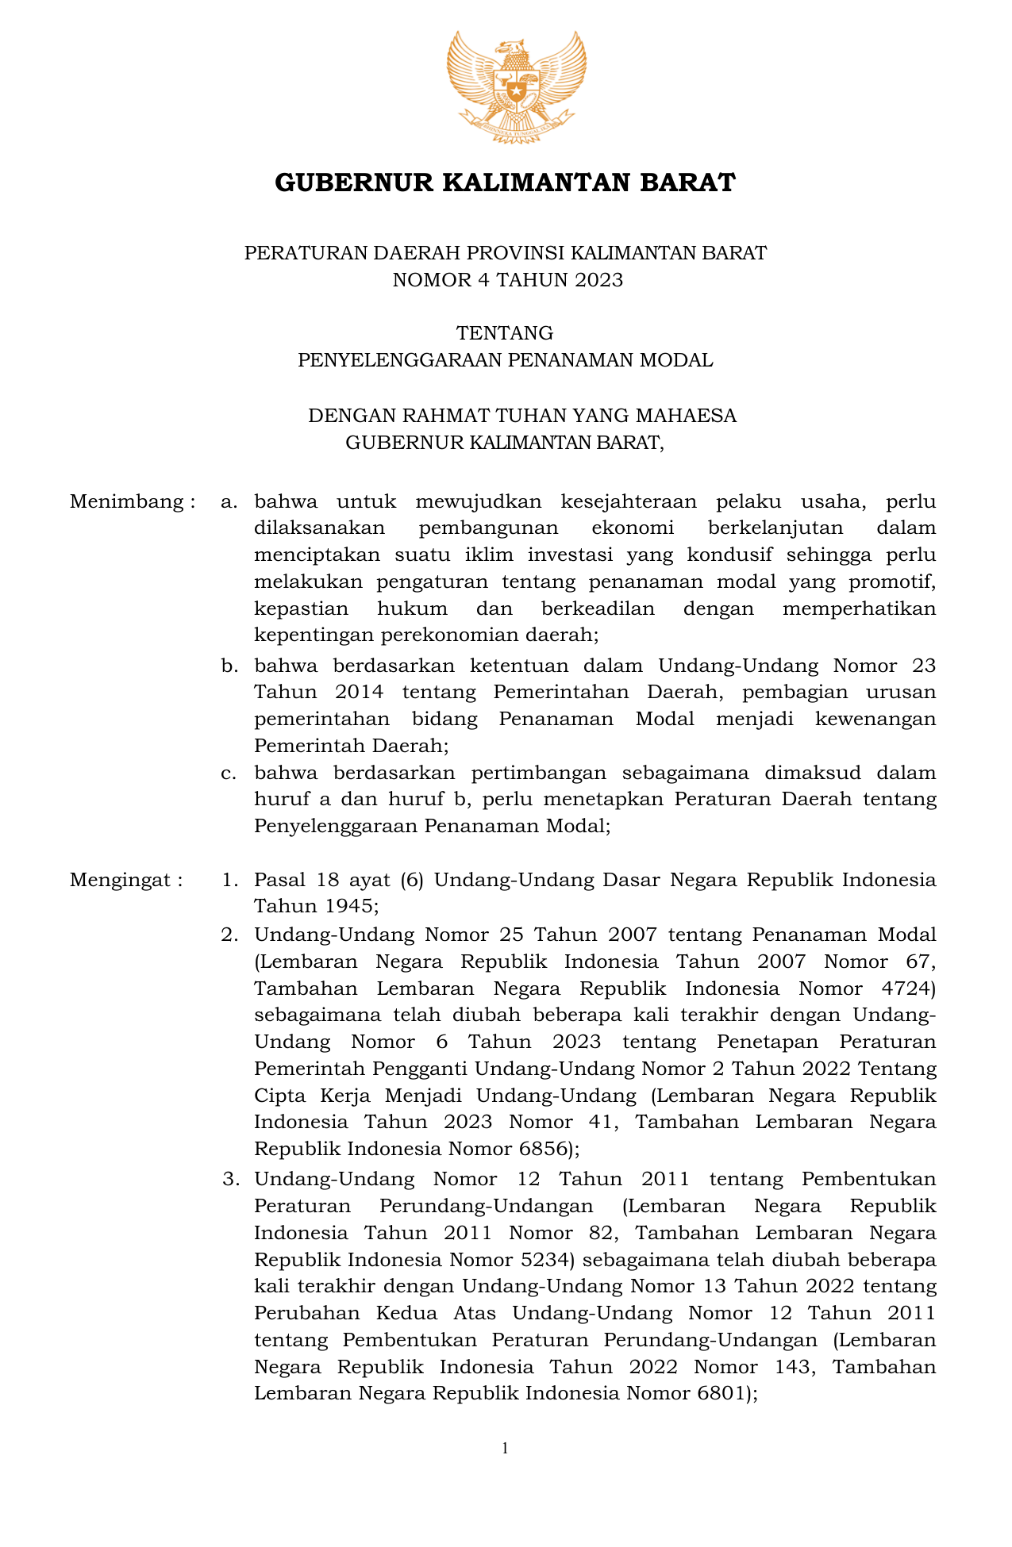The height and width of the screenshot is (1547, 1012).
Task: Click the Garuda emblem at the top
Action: point(516,86)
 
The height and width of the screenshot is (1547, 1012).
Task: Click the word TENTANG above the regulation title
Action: point(505,332)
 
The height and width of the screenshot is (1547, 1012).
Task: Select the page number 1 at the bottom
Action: point(506,1448)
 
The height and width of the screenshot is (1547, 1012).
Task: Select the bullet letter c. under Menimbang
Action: point(230,772)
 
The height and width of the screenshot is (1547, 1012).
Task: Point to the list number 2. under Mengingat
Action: point(230,935)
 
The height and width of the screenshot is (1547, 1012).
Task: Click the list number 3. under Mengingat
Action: point(230,1179)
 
